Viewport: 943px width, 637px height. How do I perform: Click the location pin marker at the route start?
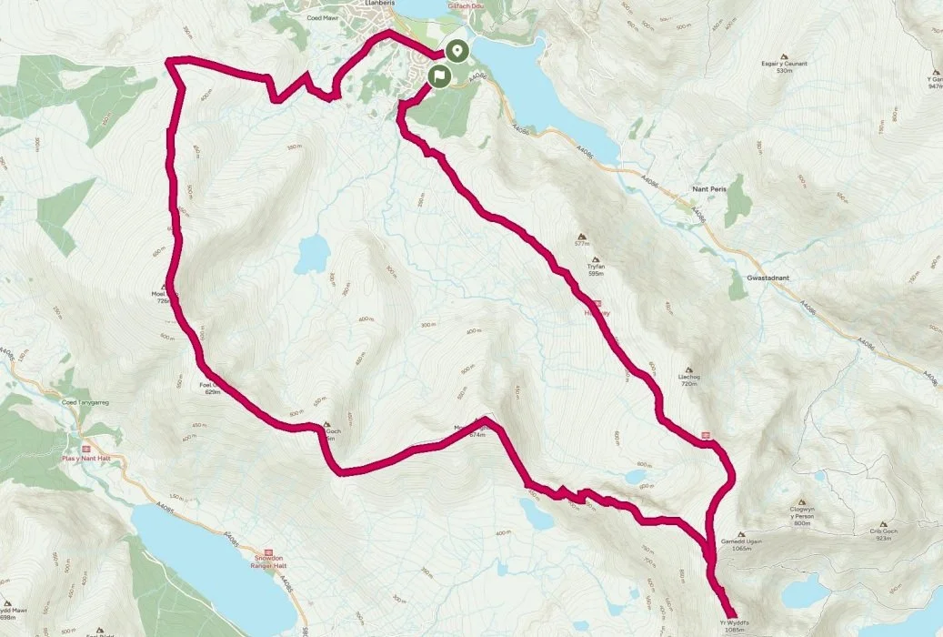(457, 51)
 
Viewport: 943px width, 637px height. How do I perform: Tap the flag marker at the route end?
(438, 75)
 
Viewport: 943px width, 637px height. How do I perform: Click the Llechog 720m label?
(693, 379)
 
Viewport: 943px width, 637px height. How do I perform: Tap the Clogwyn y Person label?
(801, 517)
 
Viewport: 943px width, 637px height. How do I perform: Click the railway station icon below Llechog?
(706, 434)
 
